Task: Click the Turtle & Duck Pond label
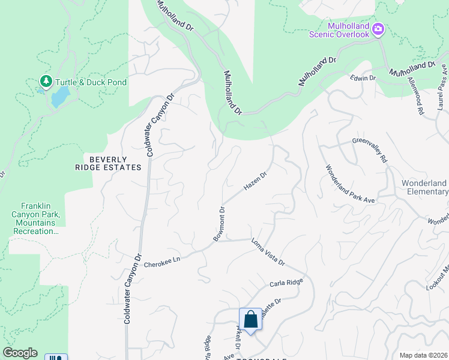[x=91, y=82]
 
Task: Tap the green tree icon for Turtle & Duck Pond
[x=45, y=81]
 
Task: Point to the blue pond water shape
[x=59, y=97]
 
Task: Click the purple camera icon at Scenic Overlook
[x=378, y=28]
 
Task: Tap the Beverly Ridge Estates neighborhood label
[x=107, y=163]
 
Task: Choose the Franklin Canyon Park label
[x=35, y=217]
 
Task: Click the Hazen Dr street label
[x=255, y=181]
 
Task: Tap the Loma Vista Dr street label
[x=267, y=254]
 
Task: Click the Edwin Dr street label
[x=363, y=79]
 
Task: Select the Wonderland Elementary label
[x=424, y=187]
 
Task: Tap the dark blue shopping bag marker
[x=250, y=319]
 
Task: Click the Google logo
[x=20, y=353]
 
